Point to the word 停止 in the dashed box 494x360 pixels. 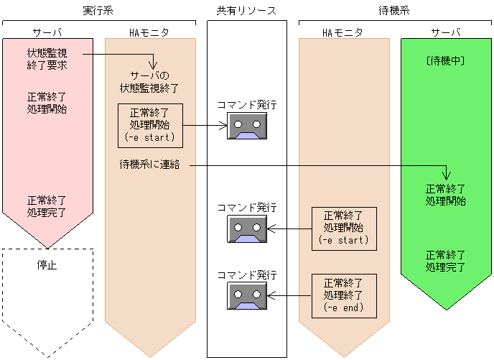47,264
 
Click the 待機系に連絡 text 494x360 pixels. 149,165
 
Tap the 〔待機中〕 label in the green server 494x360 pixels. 446,62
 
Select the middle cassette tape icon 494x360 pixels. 247,229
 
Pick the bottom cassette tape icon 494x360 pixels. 247,295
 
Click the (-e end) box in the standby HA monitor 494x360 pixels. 342,295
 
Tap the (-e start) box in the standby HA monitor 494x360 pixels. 342,228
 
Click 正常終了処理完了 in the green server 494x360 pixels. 446,261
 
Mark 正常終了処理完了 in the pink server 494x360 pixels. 47,206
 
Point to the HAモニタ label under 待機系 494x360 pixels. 342,33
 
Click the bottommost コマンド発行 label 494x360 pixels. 247,274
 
